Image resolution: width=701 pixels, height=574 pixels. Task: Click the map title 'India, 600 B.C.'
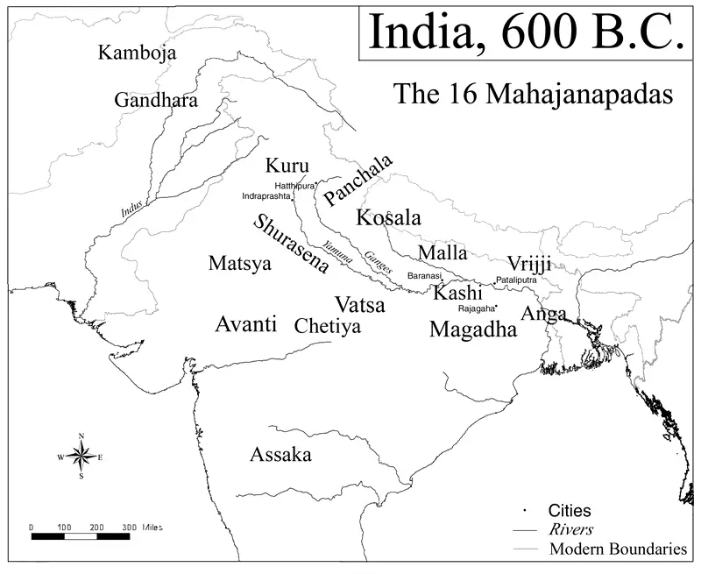tap(525, 32)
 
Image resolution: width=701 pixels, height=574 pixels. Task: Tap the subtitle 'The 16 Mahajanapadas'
tap(533, 93)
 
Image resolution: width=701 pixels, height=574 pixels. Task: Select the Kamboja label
tap(137, 53)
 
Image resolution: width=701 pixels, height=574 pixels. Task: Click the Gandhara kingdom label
tap(156, 100)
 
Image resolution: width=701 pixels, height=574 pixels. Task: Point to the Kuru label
tap(287, 166)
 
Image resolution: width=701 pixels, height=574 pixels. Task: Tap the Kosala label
tap(388, 218)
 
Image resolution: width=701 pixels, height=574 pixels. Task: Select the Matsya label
tap(240, 263)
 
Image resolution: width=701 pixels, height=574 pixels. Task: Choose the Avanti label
tap(245, 324)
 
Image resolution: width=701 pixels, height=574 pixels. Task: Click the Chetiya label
tap(327, 327)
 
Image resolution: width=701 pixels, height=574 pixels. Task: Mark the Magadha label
tap(473, 330)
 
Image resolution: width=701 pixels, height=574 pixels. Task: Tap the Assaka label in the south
tap(280, 455)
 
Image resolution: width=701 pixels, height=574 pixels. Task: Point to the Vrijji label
tap(529, 264)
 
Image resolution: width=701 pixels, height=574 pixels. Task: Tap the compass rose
tap(81, 456)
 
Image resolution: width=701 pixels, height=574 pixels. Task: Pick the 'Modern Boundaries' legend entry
tap(618, 549)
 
